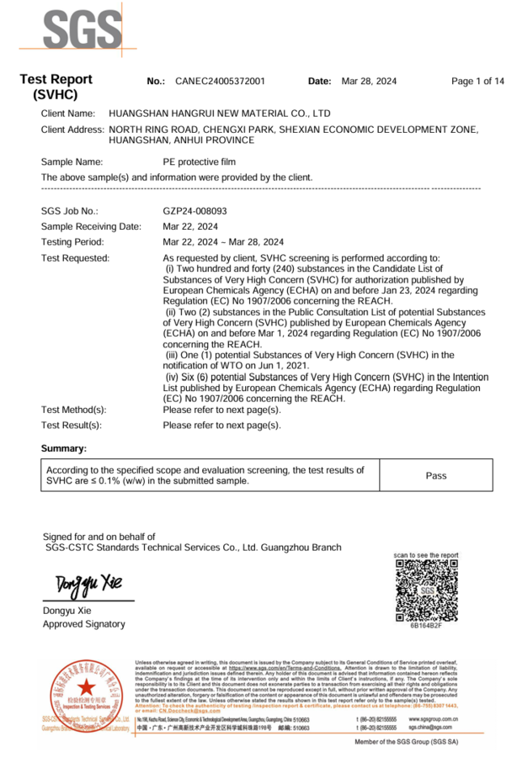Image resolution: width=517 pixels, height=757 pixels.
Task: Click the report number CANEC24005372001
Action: click(220, 82)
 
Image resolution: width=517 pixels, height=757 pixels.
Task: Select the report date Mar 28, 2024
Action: click(368, 82)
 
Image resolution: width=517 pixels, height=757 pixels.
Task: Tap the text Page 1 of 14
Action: click(477, 82)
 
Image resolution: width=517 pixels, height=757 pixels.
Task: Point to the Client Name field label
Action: click(68, 113)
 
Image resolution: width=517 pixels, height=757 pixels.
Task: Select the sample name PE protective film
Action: click(200, 161)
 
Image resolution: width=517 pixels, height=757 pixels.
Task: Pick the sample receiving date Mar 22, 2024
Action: click(190, 226)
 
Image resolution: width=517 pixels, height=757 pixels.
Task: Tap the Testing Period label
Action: click(72, 241)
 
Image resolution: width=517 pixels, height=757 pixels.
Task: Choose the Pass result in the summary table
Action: click(436, 475)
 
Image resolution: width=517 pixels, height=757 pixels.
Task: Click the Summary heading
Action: click(64, 448)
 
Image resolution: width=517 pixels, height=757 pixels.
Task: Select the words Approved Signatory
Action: click(83, 624)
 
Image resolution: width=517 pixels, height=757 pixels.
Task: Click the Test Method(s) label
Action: click(74, 410)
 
